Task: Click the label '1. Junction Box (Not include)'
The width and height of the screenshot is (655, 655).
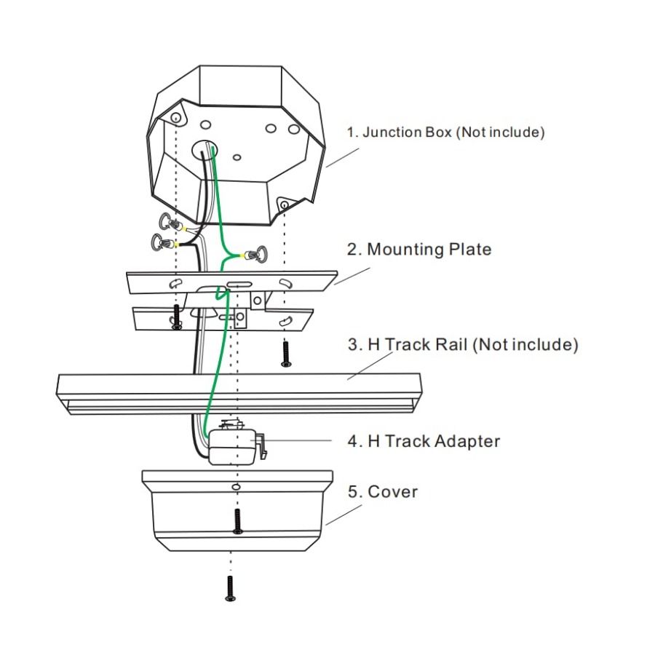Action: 445,132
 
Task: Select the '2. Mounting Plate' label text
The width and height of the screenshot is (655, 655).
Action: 419,250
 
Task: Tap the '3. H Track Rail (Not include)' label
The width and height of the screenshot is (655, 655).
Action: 463,345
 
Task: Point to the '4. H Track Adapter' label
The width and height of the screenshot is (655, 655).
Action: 424,441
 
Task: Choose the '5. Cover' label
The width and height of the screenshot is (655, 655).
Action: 383,492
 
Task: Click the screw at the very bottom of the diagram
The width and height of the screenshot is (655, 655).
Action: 230,588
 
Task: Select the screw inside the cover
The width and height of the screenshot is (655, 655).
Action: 237,521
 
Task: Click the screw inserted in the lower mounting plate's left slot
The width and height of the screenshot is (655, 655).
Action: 176,317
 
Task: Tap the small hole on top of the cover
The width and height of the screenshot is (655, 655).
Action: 236,487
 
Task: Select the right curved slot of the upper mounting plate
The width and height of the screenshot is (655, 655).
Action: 286,283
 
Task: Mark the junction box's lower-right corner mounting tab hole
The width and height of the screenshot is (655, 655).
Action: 285,205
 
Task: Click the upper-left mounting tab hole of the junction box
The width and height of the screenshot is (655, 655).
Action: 176,117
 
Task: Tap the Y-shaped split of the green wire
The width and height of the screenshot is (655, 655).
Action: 229,255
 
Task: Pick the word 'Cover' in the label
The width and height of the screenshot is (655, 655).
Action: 393,492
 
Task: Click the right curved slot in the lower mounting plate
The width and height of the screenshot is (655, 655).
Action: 285,322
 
